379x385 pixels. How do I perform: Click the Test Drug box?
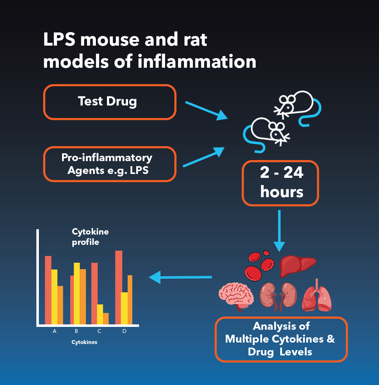tap(110, 102)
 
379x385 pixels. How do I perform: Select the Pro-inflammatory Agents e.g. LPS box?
tap(110, 164)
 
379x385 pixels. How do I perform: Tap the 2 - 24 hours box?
tap(280, 183)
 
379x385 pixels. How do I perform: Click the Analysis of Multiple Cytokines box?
tap(281, 339)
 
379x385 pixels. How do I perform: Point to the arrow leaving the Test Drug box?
tap(206, 111)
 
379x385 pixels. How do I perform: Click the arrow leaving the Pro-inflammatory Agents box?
tap(204, 157)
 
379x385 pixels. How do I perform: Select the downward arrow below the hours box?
tap(279, 231)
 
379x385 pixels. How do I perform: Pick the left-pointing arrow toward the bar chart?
tap(180, 277)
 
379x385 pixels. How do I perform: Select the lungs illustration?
tap(317, 296)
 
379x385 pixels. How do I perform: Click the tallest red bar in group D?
tap(119, 288)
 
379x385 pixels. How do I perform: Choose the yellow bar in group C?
tap(100, 314)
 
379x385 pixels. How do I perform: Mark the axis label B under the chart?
tap(76, 331)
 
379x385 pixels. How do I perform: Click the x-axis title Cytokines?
tap(84, 342)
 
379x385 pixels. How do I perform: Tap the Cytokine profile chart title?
tap(90, 237)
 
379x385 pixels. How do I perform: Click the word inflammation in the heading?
tap(197, 61)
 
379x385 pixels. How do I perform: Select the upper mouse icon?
tap(297, 106)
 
